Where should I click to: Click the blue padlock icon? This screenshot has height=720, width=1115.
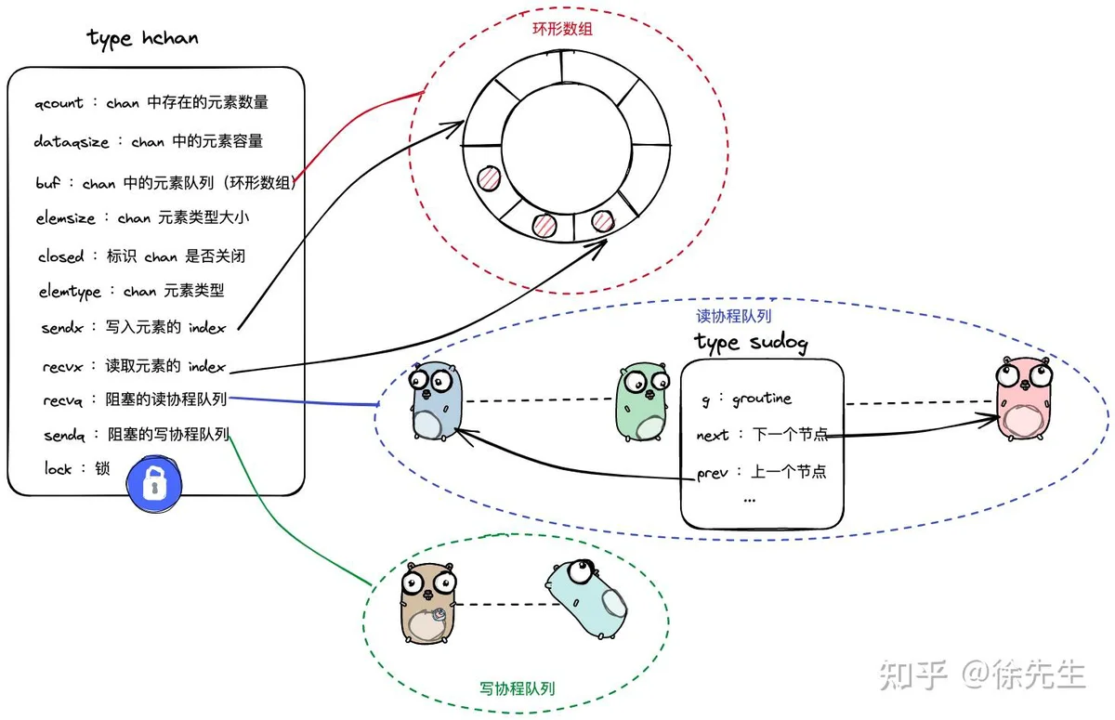(x=154, y=484)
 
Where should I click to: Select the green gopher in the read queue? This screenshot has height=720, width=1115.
(x=643, y=401)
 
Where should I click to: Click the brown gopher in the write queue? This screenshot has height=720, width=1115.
(x=428, y=603)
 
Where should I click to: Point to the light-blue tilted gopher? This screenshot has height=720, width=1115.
(x=586, y=598)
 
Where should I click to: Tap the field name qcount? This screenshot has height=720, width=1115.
(x=59, y=103)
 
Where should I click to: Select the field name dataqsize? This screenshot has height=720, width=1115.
(x=72, y=142)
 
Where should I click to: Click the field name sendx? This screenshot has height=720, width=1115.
(x=62, y=328)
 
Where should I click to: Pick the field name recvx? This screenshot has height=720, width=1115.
(x=63, y=367)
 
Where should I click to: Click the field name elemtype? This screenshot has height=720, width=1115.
(x=70, y=292)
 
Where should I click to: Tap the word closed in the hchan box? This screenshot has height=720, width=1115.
(x=60, y=256)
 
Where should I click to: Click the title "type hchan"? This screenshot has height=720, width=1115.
(x=142, y=38)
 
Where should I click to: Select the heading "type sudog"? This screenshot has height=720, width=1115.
(x=751, y=342)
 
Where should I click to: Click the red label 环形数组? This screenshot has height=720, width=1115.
(x=562, y=29)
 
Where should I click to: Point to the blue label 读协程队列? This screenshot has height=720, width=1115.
(x=734, y=316)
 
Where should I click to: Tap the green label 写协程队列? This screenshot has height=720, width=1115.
(x=518, y=688)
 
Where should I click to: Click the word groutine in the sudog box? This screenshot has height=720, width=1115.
(x=762, y=399)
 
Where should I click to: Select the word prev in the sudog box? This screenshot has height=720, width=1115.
(x=713, y=473)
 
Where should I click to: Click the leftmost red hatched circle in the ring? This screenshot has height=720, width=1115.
(x=489, y=177)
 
